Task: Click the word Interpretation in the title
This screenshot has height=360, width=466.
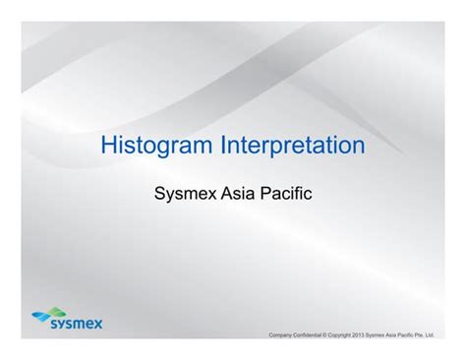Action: pyautogui.click(x=292, y=147)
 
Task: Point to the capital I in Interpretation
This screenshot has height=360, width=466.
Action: pyautogui.click(x=222, y=147)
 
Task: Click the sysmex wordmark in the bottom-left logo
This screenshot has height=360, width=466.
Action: pyautogui.click(x=73, y=322)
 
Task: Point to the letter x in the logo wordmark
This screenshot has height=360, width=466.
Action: pyautogui.click(x=96, y=322)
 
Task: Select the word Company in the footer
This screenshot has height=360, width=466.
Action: pyautogui.click(x=282, y=335)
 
